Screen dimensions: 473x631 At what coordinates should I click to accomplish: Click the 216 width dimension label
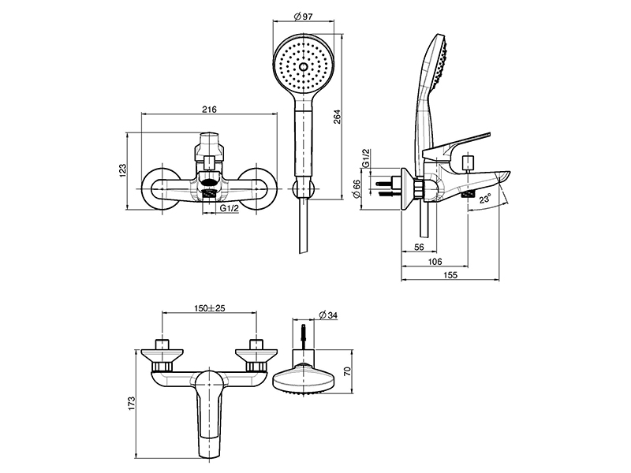click(x=209, y=110)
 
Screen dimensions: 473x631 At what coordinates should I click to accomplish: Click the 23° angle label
click(x=484, y=200)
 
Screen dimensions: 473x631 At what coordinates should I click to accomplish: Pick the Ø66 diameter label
click(x=357, y=189)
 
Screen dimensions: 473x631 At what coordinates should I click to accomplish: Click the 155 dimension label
click(x=451, y=277)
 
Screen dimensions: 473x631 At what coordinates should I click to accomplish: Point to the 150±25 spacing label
click(x=209, y=308)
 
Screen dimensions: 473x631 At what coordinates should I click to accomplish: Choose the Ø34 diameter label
click(x=330, y=315)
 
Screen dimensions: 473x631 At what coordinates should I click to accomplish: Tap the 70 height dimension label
click(x=346, y=370)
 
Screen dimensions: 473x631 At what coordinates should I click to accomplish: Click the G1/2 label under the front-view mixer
click(x=230, y=207)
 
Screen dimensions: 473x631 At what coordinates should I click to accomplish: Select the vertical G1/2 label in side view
click(x=366, y=159)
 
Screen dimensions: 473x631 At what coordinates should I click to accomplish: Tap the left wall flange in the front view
click(x=162, y=190)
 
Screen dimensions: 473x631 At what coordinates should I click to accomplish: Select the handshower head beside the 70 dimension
click(x=304, y=379)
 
